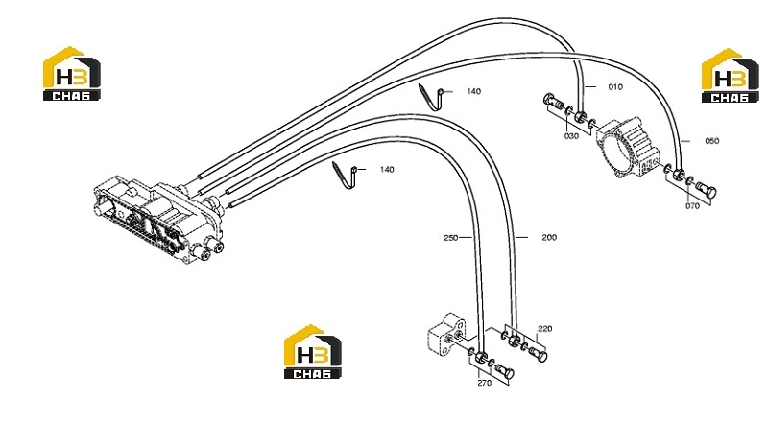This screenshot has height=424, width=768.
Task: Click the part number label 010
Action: click(615, 87)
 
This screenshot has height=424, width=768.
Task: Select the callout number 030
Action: click(571, 136)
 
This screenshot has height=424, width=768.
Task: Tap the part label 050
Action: click(711, 141)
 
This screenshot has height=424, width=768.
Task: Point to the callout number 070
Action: click(692, 206)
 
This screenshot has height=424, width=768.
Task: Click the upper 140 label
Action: click(473, 91)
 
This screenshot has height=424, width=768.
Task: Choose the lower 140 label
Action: click(387, 170)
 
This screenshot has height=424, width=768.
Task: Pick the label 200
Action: click(549, 238)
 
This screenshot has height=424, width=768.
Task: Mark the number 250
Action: click(450, 238)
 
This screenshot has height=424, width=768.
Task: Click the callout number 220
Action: click(544, 329)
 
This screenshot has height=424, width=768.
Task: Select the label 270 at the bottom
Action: click(484, 384)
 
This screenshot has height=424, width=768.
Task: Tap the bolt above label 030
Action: click(553, 102)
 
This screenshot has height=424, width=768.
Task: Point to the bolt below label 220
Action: click(538, 353)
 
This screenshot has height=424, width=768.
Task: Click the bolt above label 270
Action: click(505, 370)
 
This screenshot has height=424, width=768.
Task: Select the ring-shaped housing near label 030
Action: click(626, 147)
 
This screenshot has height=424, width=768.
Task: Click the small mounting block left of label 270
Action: click(447, 336)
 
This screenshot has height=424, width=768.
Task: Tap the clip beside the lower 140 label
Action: click(348, 175)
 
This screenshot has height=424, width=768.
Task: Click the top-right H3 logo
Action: click(730, 76)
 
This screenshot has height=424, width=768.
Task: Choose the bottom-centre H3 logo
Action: click(313, 351)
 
